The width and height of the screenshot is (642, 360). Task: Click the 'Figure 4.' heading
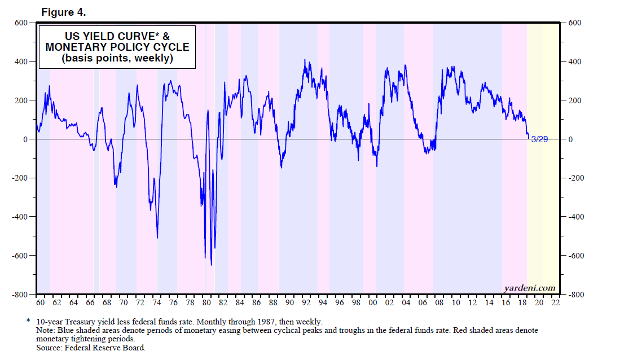tap(64, 11)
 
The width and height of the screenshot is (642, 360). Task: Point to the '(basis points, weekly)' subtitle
tap(117, 58)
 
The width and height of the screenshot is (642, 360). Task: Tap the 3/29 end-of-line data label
tap(539, 139)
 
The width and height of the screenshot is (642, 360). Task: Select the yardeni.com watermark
tap(529, 288)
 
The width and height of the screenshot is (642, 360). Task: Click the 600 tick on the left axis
tap(21, 23)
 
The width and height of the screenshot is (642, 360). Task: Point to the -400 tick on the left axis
tap(20, 217)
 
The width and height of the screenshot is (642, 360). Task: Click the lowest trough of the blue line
tap(211, 265)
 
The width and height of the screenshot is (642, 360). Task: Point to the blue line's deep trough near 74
tap(157, 238)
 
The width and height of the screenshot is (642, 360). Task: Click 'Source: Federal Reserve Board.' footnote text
tap(91, 348)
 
